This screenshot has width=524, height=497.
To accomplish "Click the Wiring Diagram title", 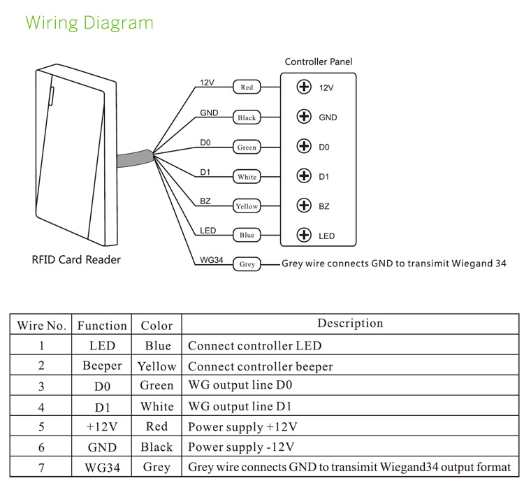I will click(89, 22).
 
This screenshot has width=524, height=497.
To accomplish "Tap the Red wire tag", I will click(247, 87).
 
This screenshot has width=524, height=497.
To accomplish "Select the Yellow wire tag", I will click(247, 206).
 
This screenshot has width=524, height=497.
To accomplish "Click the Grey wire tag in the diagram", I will click(247, 265).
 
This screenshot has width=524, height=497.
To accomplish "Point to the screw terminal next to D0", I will click(303, 147).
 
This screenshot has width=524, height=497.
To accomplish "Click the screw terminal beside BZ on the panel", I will click(303, 206).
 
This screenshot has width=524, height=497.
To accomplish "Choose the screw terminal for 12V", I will click(303, 87).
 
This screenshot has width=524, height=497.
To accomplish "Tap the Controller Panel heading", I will click(319, 62).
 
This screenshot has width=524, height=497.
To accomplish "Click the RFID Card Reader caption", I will click(76, 260).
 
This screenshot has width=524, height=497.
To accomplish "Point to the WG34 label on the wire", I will click(211, 260).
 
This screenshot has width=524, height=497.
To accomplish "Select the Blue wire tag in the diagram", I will click(247, 236).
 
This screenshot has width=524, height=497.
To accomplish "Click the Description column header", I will click(350, 324).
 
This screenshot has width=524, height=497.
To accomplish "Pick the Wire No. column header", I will click(41, 326).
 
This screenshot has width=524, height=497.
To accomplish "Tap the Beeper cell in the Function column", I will click(102, 366).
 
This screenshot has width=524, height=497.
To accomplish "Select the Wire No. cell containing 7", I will click(41, 467).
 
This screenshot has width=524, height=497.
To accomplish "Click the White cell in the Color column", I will click(157, 406).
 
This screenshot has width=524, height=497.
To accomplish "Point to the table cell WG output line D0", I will click(240, 386).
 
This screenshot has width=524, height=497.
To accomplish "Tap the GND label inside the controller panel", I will click(328, 117).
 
